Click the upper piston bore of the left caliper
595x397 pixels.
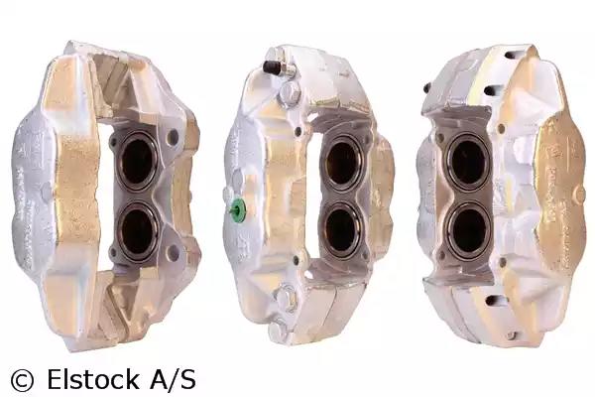pos(138,161)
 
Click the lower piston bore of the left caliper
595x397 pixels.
pos(138,232)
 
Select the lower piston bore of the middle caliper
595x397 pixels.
pos(342,230)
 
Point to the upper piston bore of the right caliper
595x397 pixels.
pos(468,161)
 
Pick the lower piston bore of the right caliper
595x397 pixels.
pos(468,230)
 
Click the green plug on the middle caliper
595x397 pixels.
pos(238,209)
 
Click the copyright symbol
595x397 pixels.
pos(22,380)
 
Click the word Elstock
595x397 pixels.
pos(93,379)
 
